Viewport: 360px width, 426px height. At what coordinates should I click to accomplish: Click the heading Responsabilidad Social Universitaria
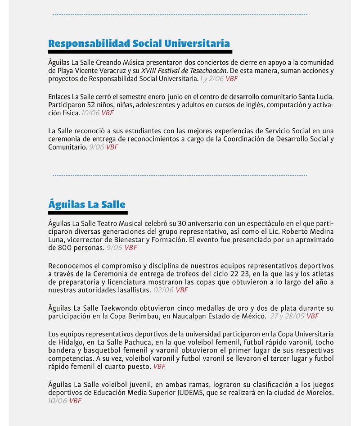pos(139,44)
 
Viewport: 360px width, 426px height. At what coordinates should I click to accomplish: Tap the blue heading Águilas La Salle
pos(87,204)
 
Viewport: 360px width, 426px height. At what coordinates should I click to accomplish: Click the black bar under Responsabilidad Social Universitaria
pos(140,52)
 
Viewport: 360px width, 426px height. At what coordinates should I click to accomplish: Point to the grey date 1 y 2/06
pos(211,79)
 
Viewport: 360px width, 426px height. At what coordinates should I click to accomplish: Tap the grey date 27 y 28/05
pos(287,316)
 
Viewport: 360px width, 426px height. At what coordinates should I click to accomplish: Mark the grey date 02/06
pos(163,290)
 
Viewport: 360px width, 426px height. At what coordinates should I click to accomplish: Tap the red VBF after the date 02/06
pos(182,290)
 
